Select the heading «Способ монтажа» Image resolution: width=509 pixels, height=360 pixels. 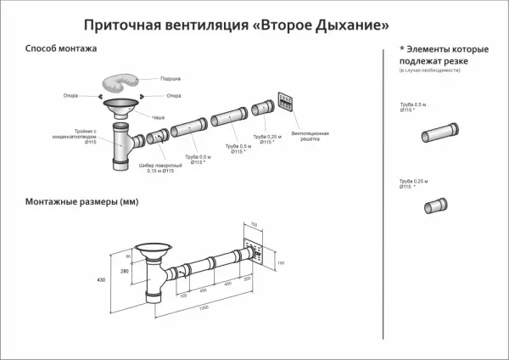point(61,49)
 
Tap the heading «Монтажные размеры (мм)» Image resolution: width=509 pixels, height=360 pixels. point(81,202)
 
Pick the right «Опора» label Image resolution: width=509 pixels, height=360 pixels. point(174,95)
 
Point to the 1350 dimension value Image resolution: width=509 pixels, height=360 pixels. point(204,307)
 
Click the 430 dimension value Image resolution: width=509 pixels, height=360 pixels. point(101,278)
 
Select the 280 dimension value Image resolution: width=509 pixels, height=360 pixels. point(125,271)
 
